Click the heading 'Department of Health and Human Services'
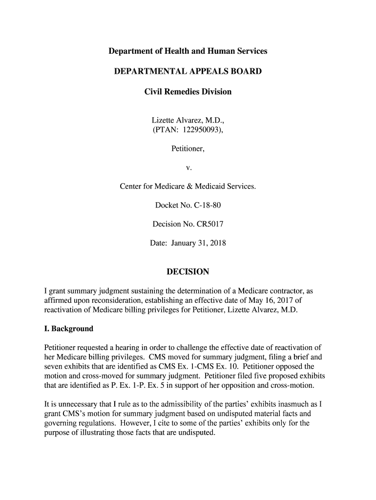[x=188, y=51]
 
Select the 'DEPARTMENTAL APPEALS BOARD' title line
[x=188, y=72]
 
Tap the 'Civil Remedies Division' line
[x=188, y=92]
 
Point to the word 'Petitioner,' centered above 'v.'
[x=188, y=149]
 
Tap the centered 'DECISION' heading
[x=188, y=271]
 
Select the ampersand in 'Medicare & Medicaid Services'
[x=204, y=187]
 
